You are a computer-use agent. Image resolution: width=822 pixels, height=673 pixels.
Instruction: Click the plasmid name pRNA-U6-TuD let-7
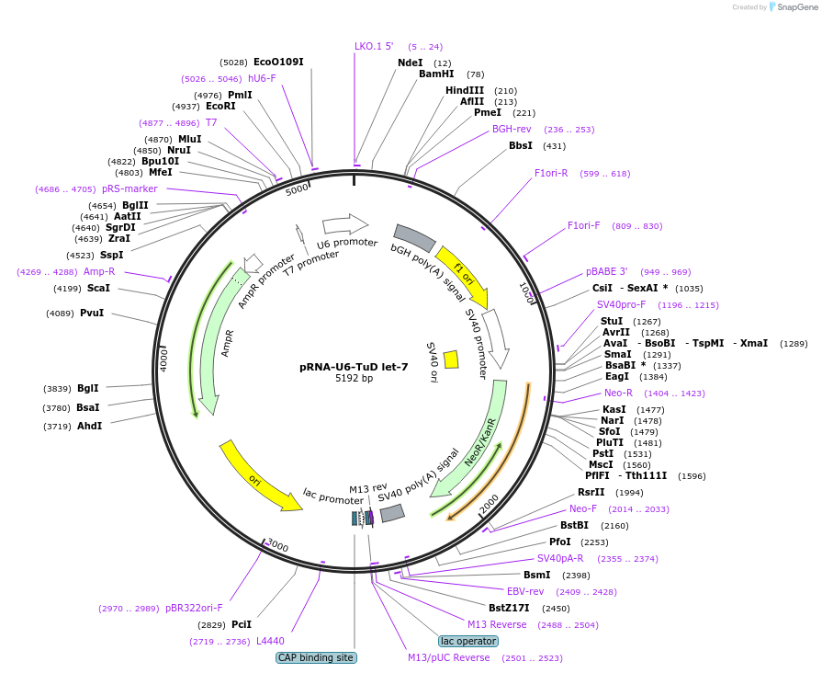[x=354, y=366]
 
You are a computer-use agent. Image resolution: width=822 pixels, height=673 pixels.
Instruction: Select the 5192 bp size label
[x=354, y=378]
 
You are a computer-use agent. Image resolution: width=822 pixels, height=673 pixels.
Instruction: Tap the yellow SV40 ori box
[x=451, y=359]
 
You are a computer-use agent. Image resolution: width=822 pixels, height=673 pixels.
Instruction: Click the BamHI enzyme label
[x=436, y=74]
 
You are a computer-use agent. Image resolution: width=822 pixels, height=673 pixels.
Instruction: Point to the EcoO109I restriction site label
[x=278, y=62]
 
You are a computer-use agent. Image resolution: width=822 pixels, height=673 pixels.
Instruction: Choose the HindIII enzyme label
[x=465, y=90]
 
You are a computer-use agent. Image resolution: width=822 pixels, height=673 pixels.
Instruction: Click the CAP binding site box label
[x=316, y=657]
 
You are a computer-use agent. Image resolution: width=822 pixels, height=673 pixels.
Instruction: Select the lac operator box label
[x=468, y=641]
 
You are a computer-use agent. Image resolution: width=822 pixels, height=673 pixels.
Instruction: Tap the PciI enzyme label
[x=242, y=624]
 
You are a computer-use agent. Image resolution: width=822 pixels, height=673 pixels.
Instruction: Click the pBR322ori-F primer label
[x=194, y=608]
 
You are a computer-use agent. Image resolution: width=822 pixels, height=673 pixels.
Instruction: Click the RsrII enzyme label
[x=591, y=492]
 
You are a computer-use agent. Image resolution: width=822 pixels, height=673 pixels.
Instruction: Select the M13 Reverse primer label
[x=497, y=624]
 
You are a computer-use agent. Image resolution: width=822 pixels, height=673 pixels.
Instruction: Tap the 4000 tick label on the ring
[x=164, y=359]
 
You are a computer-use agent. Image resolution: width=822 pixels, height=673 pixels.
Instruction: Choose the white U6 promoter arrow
[x=345, y=223]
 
